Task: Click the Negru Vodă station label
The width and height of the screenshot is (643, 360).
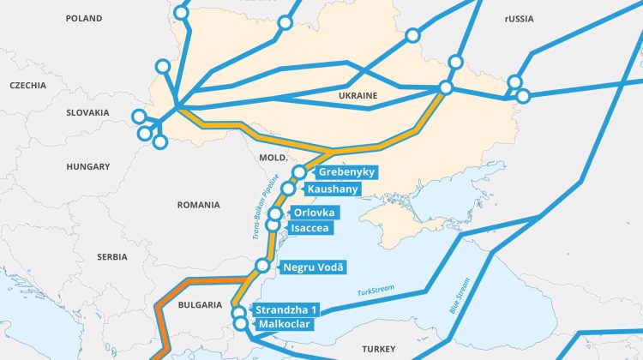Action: [x=313, y=268]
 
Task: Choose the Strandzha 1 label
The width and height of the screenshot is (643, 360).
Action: [x=288, y=310]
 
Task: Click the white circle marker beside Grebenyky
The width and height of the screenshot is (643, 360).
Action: [x=299, y=173]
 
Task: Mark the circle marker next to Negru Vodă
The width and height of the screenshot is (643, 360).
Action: [x=263, y=267]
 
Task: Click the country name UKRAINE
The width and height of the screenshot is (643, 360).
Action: [x=357, y=96]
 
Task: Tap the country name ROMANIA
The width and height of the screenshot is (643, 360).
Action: [x=198, y=206]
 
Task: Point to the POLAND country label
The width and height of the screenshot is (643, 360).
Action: [x=82, y=18]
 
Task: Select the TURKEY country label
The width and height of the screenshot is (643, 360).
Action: [x=378, y=350]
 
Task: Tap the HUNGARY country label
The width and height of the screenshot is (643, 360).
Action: [x=88, y=166]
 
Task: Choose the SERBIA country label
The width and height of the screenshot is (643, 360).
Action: [x=111, y=257]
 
